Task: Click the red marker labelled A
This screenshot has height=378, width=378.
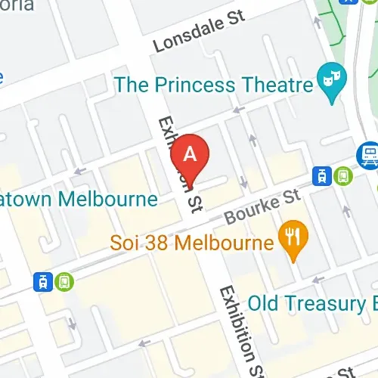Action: point(191,158)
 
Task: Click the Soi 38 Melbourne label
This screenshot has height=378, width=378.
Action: point(191,243)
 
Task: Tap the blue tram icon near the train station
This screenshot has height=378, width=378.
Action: point(323,177)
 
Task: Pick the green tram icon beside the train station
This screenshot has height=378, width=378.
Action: point(344,176)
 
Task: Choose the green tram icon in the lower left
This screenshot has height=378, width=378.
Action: point(65,281)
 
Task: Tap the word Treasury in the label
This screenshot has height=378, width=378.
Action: point(340,304)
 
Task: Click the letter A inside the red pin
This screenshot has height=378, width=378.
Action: point(191,153)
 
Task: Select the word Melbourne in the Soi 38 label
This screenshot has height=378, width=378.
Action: point(222,243)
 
